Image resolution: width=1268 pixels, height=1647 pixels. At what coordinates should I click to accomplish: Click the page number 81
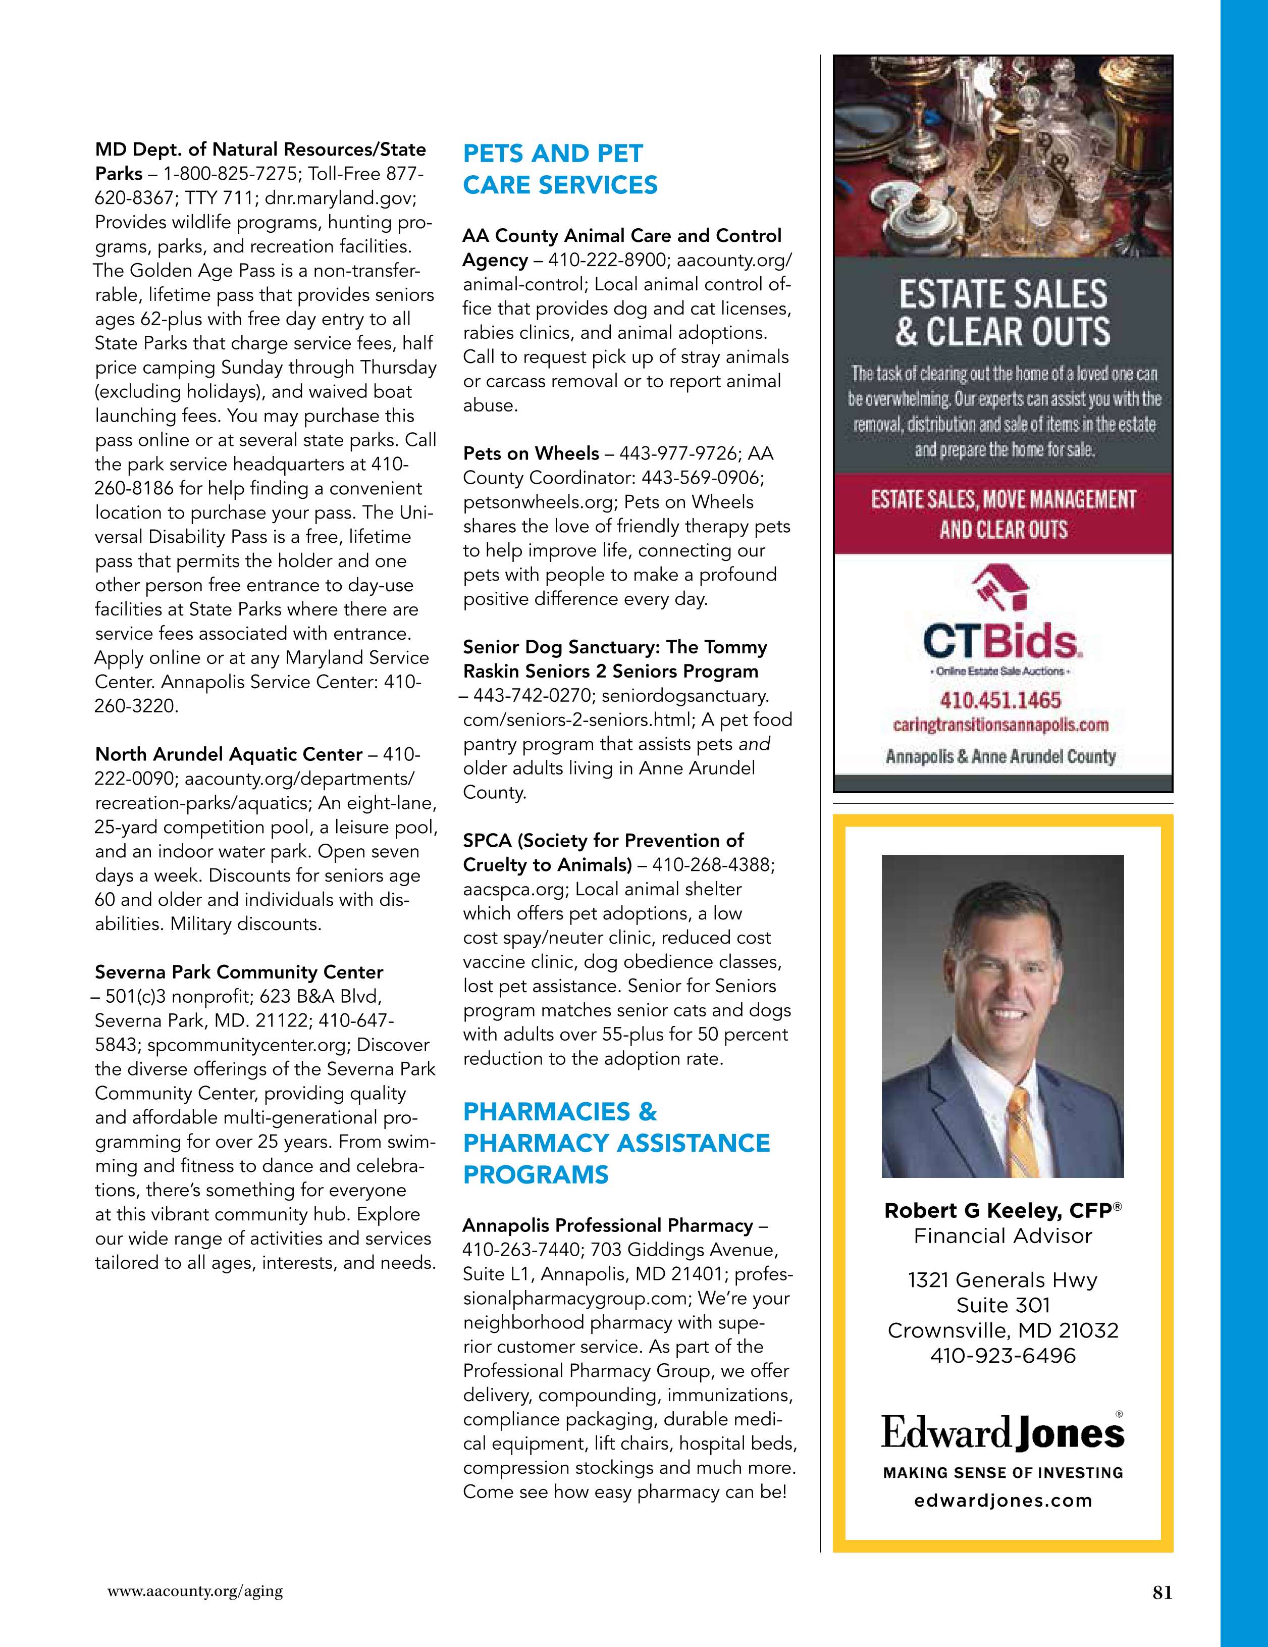pos(1161,1592)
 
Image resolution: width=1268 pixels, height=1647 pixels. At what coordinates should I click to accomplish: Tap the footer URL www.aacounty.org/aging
pos(195,1591)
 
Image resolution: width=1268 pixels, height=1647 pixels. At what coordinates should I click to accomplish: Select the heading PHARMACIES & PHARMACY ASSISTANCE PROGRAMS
pos(616,1143)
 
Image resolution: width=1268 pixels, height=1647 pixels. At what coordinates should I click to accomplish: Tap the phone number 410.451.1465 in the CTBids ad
pos(1000,701)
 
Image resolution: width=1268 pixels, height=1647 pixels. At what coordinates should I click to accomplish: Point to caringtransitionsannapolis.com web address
pos(1000,726)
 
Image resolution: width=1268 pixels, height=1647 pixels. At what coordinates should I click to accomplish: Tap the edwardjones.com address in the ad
pos(1002,1501)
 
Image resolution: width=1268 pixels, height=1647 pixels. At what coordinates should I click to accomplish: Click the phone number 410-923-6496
pos(1002,1356)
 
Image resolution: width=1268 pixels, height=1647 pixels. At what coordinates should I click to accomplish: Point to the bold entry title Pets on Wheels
pos(531,454)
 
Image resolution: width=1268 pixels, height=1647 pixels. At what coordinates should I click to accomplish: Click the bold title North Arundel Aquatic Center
pos(229,755)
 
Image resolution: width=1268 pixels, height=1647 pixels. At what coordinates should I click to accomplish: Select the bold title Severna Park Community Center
pos(239,972)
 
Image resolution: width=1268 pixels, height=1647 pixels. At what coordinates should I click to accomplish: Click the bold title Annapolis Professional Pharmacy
pos(608,1225)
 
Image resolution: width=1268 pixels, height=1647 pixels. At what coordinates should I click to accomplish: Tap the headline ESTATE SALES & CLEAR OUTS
pos(1002,312)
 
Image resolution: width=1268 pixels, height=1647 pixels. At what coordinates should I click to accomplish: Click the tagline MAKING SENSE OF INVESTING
pos(1002,1472)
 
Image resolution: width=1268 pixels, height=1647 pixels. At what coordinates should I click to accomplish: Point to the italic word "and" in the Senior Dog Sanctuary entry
pos(754,744)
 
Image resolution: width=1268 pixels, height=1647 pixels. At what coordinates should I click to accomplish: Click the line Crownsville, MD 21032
pos(1002,1330)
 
